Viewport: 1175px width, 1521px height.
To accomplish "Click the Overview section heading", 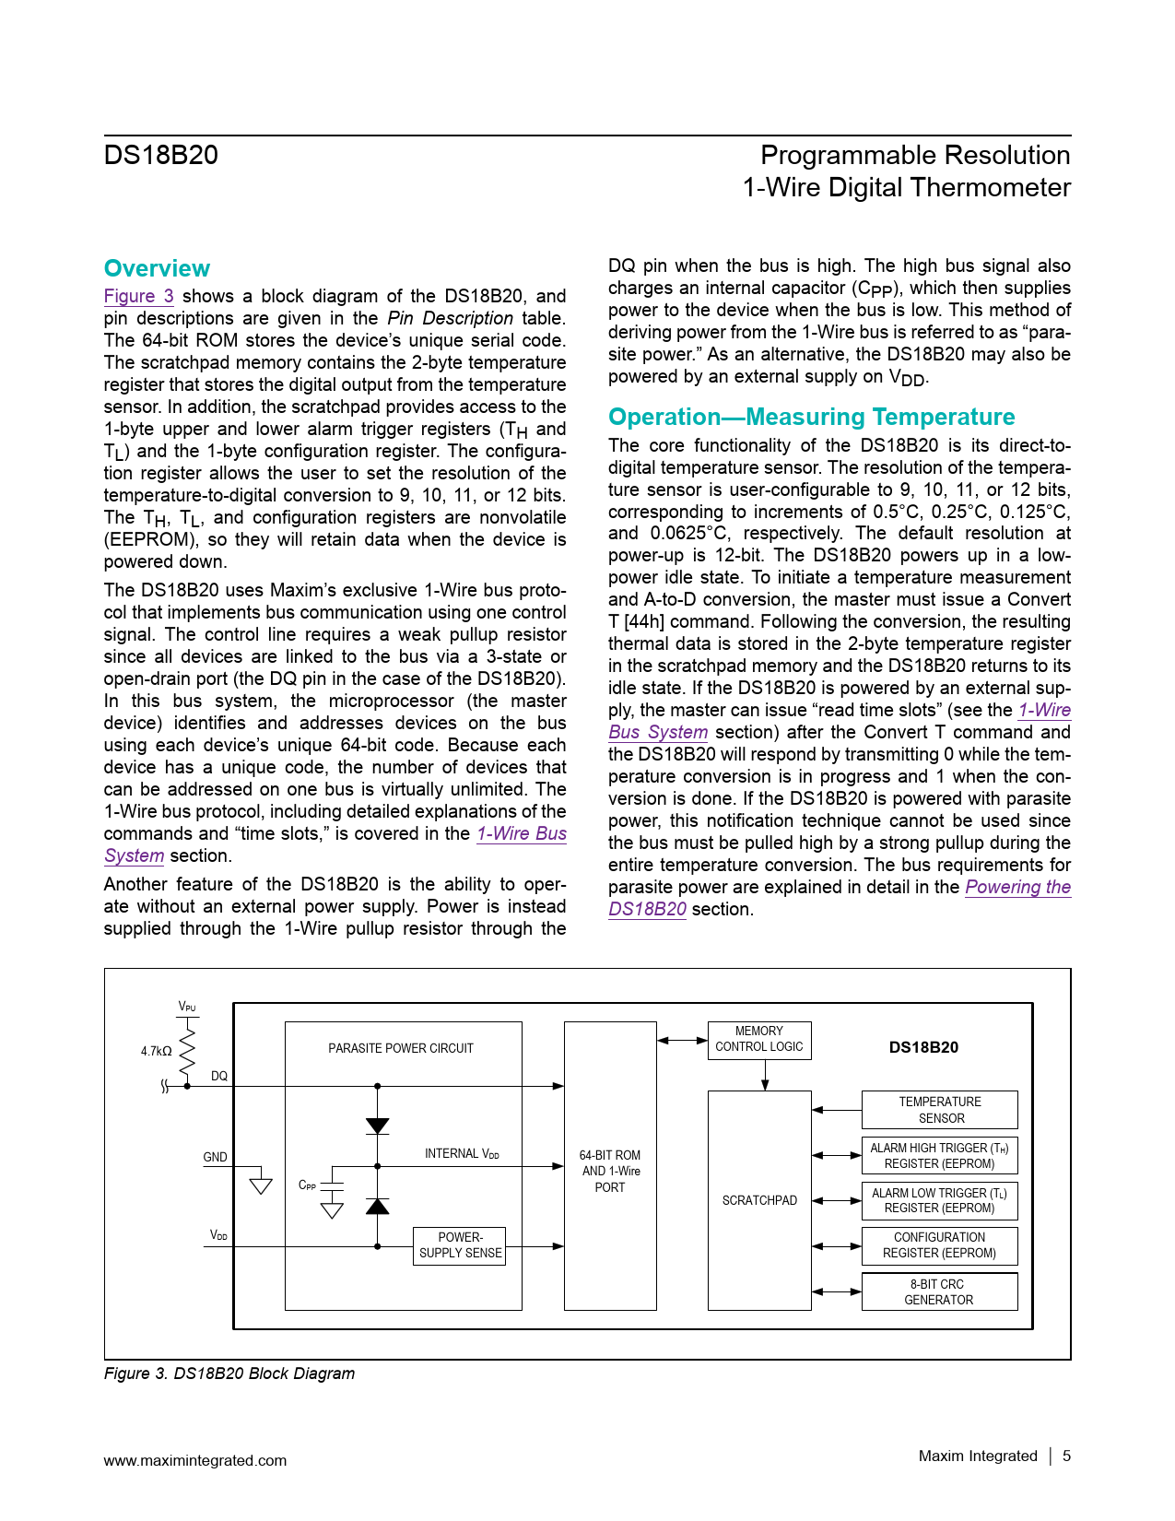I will coord(157,268).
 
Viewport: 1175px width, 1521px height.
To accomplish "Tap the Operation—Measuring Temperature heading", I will coord(811,417).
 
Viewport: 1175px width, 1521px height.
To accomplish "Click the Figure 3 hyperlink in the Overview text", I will coord(138,296).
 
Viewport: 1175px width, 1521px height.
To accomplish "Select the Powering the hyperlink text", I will coord(1017,887).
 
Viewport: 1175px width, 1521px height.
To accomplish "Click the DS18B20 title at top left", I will coord(161,155).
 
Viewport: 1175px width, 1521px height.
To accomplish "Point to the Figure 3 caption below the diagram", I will coord(229,1373).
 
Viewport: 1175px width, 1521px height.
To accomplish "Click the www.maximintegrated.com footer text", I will coord(194,1460).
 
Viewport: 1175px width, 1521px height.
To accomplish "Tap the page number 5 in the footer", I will coord(1066,1456).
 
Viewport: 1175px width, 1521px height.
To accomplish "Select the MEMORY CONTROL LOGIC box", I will coord(759,1039).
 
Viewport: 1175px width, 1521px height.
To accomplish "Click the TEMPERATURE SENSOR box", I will coord(940,1110).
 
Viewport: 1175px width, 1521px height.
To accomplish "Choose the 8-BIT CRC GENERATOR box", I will coord(939,1291).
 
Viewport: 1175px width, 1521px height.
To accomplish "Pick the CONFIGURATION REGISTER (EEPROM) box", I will coord(939,1245).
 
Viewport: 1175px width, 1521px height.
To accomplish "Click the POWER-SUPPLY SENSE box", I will coord(460,1245).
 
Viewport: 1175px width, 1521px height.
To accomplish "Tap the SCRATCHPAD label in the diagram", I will coord(759,1200).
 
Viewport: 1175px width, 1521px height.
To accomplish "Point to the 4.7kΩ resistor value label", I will coord(156,1051).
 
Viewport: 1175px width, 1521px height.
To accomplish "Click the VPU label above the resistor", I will coord(187,1007).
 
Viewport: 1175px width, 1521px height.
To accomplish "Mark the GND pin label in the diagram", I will coord(215,1157).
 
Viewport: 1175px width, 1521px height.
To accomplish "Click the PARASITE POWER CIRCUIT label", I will coord(401,1048).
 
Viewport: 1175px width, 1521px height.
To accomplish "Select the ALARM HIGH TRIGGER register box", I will coord(939,1155).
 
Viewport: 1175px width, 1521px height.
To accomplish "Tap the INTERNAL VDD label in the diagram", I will coord(462,1153).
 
